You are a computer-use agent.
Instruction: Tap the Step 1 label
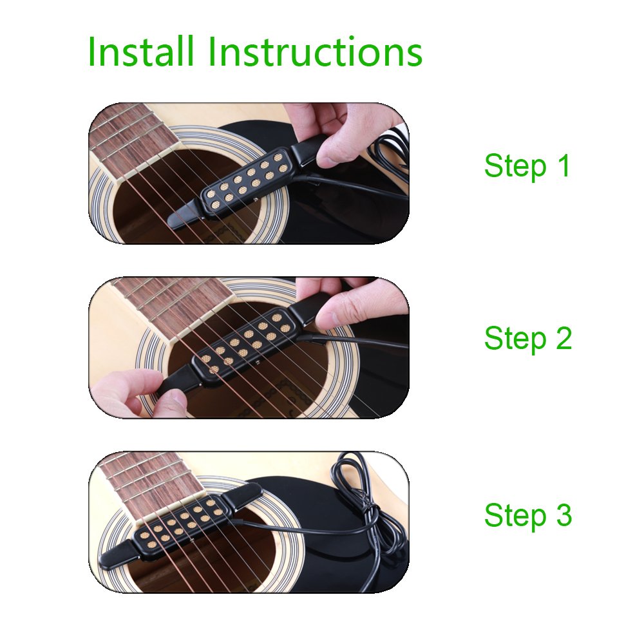click(x=527, y=166)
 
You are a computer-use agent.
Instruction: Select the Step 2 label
click(x=528, y=339)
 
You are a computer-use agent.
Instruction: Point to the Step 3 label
click(x=528, y=515)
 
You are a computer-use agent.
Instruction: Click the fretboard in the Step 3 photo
click(x=152, y=485)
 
